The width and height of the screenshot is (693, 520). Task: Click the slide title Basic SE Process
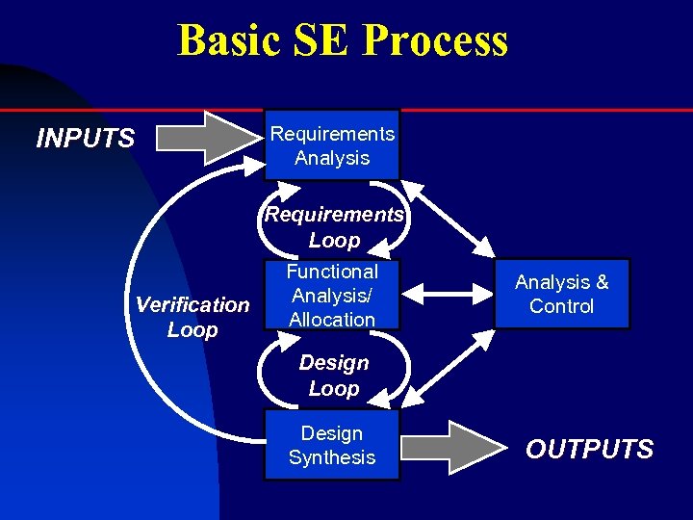click(x=342, y=40)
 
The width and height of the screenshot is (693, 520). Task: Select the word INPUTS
click(x=85, y=139)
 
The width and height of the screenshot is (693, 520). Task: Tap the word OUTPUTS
click(x=589, y=449)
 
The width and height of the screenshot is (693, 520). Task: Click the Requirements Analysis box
click(x=332, y=145)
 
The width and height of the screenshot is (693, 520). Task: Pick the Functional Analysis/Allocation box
click(x=332, y=296)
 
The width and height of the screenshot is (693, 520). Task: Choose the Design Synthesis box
click(x=332, y=446)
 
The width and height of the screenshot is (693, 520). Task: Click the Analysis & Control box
click(x=562, y=294)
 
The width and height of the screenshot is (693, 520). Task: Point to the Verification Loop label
click(x=192, y=317)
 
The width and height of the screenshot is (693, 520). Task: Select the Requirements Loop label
click(x=334, y=227)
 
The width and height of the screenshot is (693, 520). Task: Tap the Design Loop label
click(x=334, y=376)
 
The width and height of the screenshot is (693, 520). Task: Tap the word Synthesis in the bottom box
click(x=332, y=457)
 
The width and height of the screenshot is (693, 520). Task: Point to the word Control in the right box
click(x=562, y=306)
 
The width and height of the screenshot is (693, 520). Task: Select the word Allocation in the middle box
click(x=332, y=319)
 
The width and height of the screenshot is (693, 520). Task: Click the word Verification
click(x=192, y=304)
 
